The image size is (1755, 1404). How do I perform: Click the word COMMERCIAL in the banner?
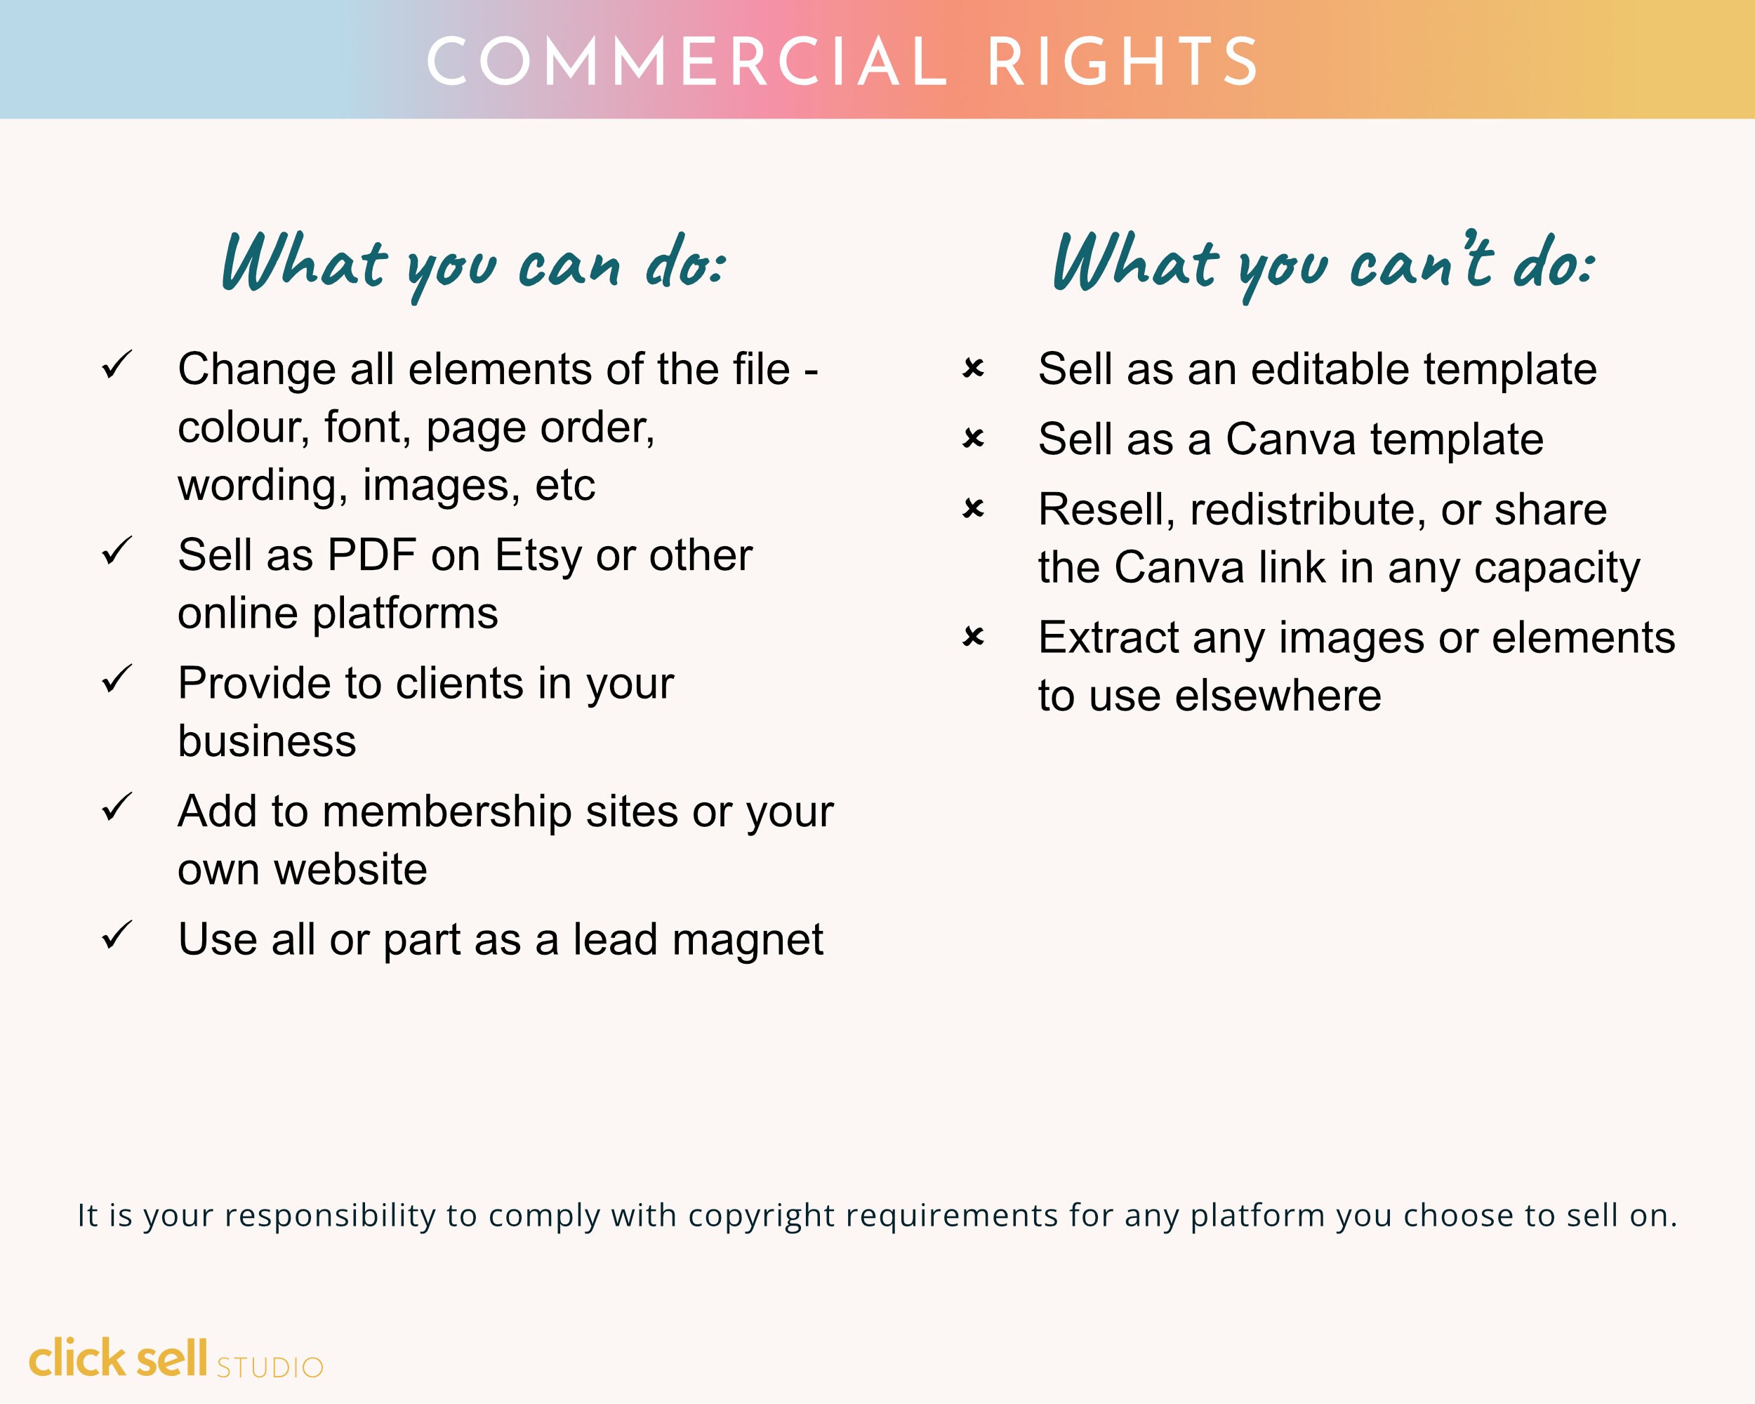687,62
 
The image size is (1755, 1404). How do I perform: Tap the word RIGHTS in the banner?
1123,62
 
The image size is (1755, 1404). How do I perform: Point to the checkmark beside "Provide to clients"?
117,679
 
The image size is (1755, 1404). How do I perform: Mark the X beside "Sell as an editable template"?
973,368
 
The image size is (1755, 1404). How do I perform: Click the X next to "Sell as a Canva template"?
973,438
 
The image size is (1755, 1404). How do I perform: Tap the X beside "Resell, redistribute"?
973,509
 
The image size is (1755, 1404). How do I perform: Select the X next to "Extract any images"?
973,636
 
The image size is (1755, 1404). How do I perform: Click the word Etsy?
538,556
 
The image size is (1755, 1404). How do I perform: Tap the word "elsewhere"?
1278,696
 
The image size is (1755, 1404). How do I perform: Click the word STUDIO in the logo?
270,1367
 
